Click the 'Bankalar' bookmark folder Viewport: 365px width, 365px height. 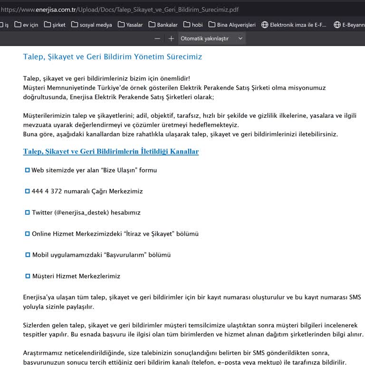click(x=163, y=25)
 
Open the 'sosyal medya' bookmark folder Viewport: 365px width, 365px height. click(x=91, y=25)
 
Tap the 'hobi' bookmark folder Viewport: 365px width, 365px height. click(x=192, y=25)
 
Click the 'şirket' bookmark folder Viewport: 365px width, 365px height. click(x=55, y=25)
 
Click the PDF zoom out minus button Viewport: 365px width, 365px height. click(x=157, y=38)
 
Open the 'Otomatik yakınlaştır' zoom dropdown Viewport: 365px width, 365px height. click(x=211, y=38)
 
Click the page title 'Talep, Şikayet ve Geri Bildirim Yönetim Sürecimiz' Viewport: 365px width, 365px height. click(x=113, y=57)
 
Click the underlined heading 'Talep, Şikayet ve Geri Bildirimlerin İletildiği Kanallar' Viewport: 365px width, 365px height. click(x=111, y=152)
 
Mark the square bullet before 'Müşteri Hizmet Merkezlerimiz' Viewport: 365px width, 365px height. click(x=27, y=276)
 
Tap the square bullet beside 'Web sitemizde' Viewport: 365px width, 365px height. click(x=27, y=170)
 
